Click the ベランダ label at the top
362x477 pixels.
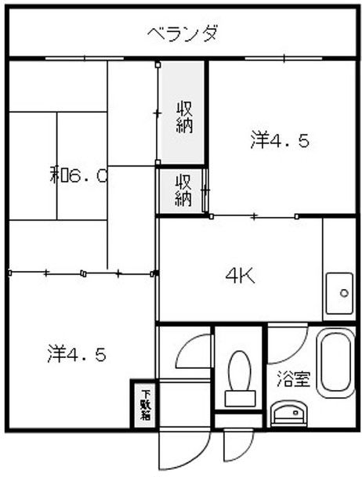[182, 34]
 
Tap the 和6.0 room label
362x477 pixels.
[78, 175]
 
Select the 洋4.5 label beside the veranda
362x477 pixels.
[280, 141]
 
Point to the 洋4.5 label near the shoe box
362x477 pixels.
[76, 353]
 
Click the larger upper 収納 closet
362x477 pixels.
[183, 116]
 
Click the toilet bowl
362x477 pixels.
[238, 369]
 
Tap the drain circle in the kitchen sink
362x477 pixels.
[344, 294]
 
